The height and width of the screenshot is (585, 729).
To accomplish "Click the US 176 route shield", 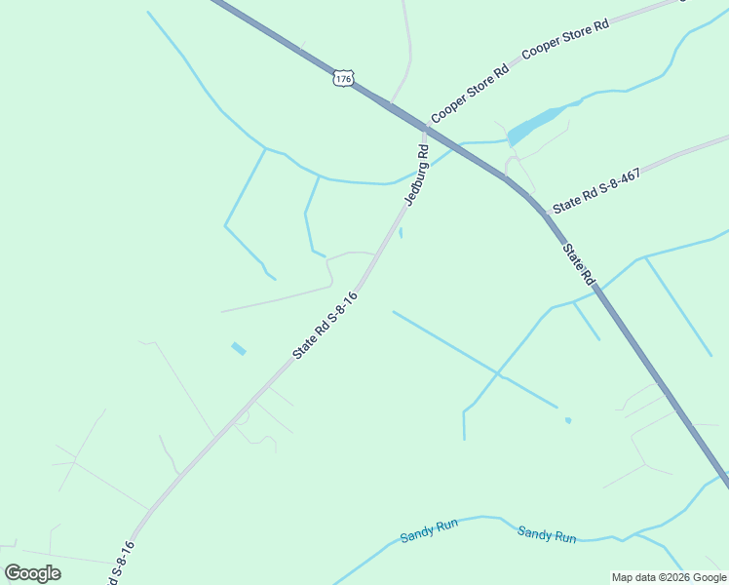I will click(342, 77).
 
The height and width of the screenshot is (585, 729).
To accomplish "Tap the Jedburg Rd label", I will click(417, 175).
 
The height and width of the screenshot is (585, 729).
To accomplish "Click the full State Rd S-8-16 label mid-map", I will click(326, 325).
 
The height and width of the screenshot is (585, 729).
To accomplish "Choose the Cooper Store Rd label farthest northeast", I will click(565, 38).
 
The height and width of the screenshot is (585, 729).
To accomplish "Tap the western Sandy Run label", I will click(429, 531).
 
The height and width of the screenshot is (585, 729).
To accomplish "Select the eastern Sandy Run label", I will click(547, 534).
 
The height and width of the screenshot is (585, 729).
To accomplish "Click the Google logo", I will click(32, 573).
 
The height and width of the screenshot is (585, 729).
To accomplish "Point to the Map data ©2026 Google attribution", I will click(669, 577).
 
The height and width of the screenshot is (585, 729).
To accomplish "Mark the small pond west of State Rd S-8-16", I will click(239, 348).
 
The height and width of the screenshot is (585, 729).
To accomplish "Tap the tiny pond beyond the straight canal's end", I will click(568, 421).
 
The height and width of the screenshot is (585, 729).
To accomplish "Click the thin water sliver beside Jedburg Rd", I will click(401, 233).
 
